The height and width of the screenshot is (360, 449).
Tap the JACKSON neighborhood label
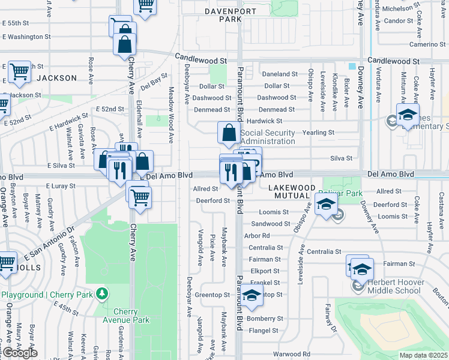click(x=56, y=78)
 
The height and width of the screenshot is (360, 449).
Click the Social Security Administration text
click(x=259, y=137)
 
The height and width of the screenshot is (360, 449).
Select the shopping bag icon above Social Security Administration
click(x=229, y=134)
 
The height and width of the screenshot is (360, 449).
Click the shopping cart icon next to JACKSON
click(x=19, y=71)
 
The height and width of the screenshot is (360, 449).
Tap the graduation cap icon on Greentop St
click(x=252, y=295)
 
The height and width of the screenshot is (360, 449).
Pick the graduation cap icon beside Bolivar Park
click(x=326, y=204)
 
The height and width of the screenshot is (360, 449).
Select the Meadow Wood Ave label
click(x=170, y=114)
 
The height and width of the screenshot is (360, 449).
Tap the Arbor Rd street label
click(x=258, y=236)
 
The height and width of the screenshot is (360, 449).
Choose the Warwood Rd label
click(x=291, y=354)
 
